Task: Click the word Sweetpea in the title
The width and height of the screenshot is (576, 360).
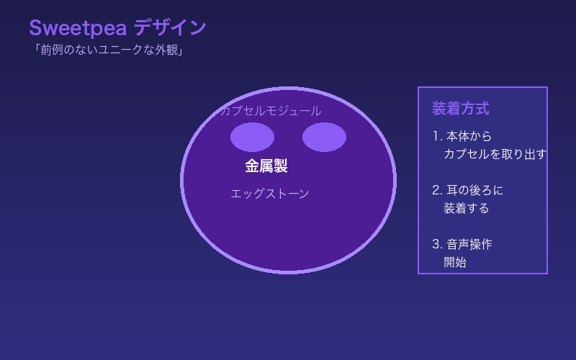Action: [78, 28]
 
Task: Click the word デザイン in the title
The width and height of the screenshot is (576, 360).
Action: [170, 28]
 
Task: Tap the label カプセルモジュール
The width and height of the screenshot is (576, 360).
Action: [271, 111]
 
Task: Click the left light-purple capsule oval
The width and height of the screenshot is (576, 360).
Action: [252, 137]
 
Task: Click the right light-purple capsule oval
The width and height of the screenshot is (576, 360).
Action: [324, 137]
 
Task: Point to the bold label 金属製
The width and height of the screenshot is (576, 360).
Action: [266, 166]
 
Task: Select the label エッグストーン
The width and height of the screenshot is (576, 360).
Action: [270, 194]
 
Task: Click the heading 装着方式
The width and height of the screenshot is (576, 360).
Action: [460, 109]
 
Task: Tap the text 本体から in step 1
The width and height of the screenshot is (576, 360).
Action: [469, 136]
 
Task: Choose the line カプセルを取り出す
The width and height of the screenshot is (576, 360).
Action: [495, 154]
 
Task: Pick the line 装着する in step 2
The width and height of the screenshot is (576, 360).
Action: [466, 208]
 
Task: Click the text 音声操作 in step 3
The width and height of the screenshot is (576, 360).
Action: [469, 244]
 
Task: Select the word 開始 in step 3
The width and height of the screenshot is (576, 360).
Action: [455, 262]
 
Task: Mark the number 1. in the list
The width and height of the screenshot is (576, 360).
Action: [437, 136]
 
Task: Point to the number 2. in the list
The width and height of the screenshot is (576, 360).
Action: [437, 190]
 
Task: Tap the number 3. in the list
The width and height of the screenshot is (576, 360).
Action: [437, 244]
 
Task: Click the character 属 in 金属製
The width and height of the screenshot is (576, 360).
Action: [266, 166]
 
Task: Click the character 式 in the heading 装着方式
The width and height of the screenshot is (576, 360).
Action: [482, 109]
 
